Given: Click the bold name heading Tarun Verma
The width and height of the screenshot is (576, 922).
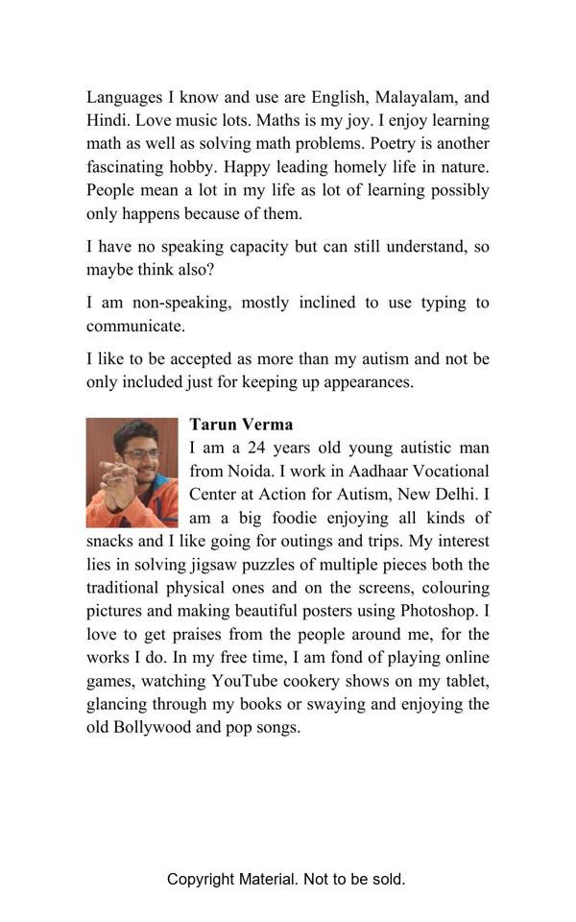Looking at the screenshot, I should pos(241,425).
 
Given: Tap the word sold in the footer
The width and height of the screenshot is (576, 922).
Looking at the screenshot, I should pos(385,879).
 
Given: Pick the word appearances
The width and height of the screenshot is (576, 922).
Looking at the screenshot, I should pos(364,381).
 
